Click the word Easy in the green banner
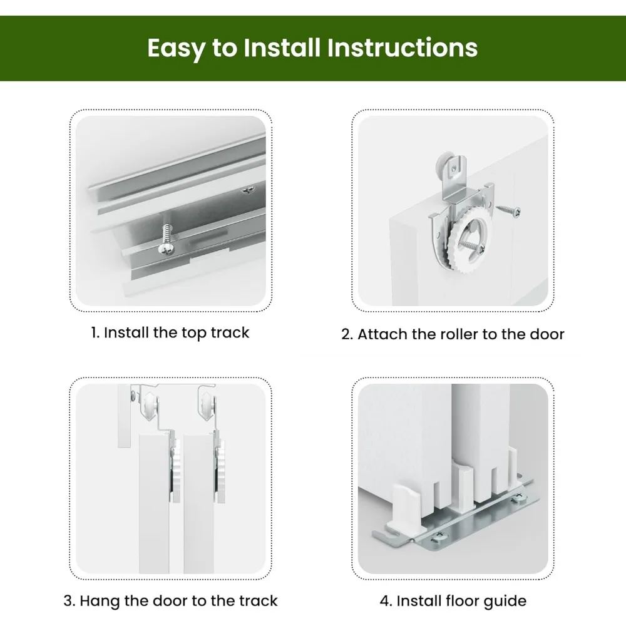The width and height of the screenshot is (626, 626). [x=176, y=48]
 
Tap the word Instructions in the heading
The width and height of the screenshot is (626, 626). [x=402, y=48]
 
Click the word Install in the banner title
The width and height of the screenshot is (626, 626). [x=282, y=48]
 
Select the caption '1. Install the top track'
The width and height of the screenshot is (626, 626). [x=170, y=332]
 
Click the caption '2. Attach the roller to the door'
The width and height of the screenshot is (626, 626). [x=453, y=334]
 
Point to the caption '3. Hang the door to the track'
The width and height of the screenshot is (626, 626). [x=170, y=601]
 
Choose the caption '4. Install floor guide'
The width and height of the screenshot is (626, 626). [x=453, y=601]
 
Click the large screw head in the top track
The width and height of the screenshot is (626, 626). [x=166, y=249]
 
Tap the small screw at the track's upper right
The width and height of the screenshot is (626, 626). [x=249, y=190]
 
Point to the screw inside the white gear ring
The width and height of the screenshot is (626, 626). [x=472, y=246]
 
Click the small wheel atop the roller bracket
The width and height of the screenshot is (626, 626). [x=443, y=163]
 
